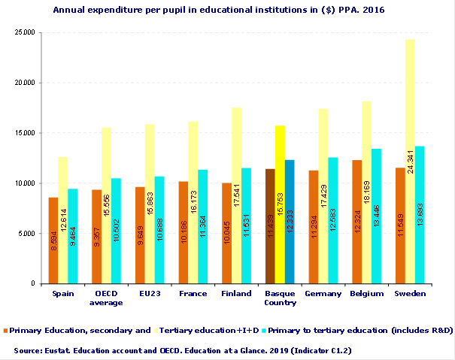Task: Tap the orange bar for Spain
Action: click(53, 241)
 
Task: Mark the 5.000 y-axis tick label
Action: click(27, 234)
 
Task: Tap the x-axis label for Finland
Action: click(235, 294)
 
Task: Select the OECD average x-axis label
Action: click(105, 298)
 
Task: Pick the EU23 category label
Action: click(149, 294)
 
